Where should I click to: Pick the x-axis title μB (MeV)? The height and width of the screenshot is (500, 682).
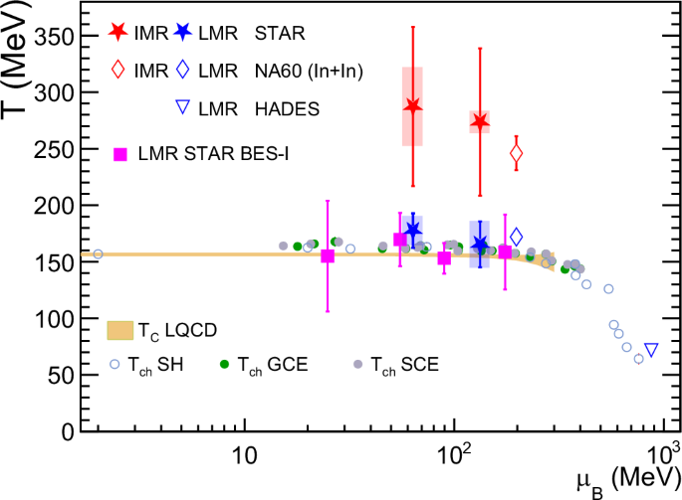click(617, 479)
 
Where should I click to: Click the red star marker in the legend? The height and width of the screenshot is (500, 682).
click(118, 34)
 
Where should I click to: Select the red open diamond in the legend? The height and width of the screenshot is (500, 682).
click(118, 71)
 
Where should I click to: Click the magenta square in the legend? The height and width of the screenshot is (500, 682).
click(119, 154)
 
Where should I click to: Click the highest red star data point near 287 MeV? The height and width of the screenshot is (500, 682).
click(412, 106)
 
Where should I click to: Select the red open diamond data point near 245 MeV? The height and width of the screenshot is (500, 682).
click(516, 154)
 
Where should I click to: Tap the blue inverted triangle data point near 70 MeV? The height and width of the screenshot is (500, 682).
click(651, 350)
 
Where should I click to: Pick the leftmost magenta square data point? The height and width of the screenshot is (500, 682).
click(328, 256)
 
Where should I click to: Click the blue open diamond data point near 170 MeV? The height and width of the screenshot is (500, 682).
click(516, 238)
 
